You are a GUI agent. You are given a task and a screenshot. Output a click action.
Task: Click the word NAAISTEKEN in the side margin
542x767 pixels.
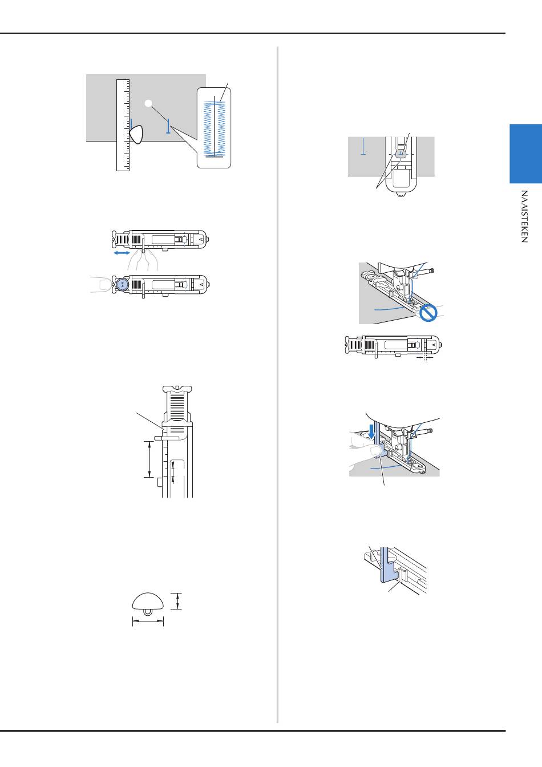tap(524, 216)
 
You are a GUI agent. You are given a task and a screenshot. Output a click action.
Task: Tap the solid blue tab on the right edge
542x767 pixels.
tap(525, 154)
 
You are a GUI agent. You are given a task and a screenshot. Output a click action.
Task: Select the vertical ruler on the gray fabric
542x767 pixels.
tap(123, 126)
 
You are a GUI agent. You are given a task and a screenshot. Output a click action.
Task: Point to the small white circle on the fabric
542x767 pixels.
tap(148, 103)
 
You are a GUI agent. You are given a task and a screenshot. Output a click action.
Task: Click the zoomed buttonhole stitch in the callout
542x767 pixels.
tap(215, 128)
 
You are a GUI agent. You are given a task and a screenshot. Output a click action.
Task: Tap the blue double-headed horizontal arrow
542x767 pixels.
tap(122, 253)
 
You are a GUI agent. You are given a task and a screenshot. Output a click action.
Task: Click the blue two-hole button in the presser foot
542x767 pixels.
tap(122, 284)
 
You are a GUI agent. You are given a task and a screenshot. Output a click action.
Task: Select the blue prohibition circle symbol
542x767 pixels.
tap(428, 313)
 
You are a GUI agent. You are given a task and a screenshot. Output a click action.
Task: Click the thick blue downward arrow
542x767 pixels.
tap(371, 431)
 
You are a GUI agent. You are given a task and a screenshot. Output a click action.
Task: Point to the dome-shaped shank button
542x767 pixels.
tap(148, 604)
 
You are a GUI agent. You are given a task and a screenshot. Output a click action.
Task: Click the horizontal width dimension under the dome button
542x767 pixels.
tap(148, 621)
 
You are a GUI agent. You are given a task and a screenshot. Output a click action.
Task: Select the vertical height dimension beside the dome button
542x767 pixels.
tap(177, 601)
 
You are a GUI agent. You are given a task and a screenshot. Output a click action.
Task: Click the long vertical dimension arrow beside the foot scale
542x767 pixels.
tap(149, 459)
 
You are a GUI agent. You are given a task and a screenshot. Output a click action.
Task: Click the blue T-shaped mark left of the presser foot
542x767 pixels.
tap(363, 146)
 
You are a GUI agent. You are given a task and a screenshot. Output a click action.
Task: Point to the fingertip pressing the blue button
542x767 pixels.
tap(103, 284)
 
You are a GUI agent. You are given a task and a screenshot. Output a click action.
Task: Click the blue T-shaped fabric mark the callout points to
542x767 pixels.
tap(168, 126)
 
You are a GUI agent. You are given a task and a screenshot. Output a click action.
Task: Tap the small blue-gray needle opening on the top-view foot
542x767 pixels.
tap(401, 155)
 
